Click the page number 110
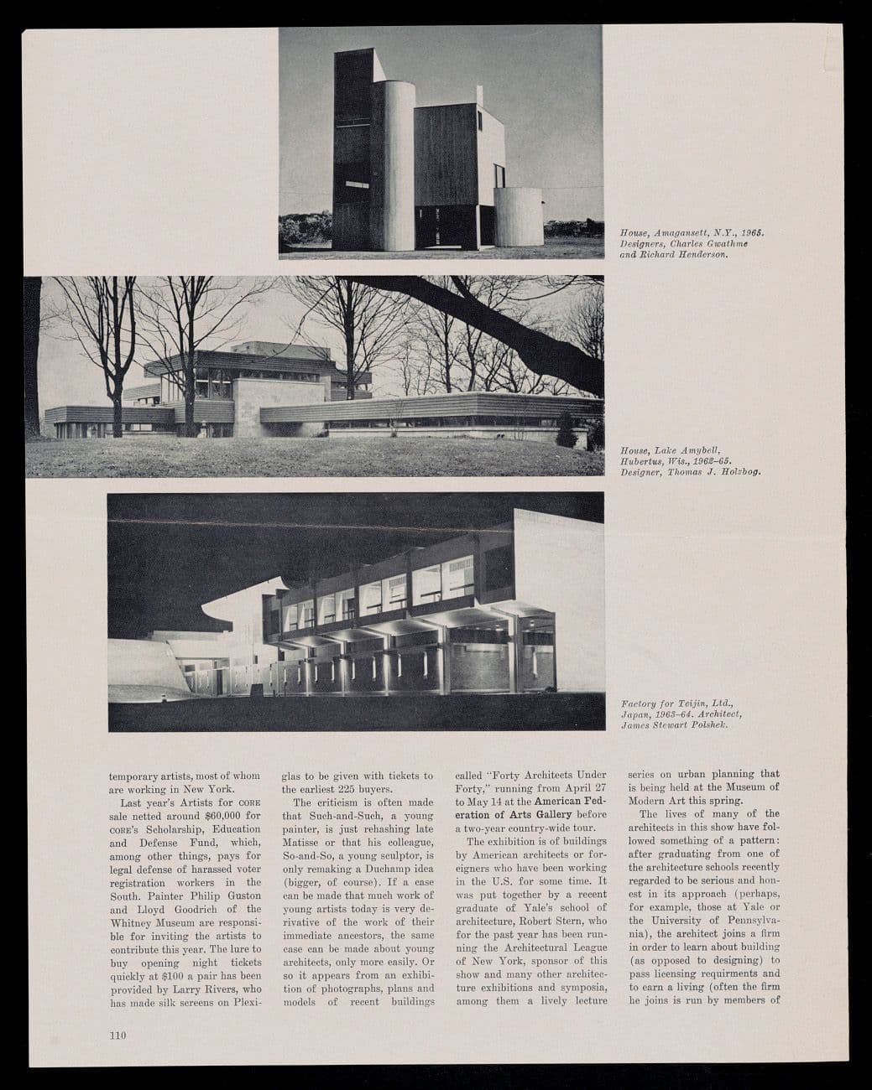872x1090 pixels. click(x=117, y=1035)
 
